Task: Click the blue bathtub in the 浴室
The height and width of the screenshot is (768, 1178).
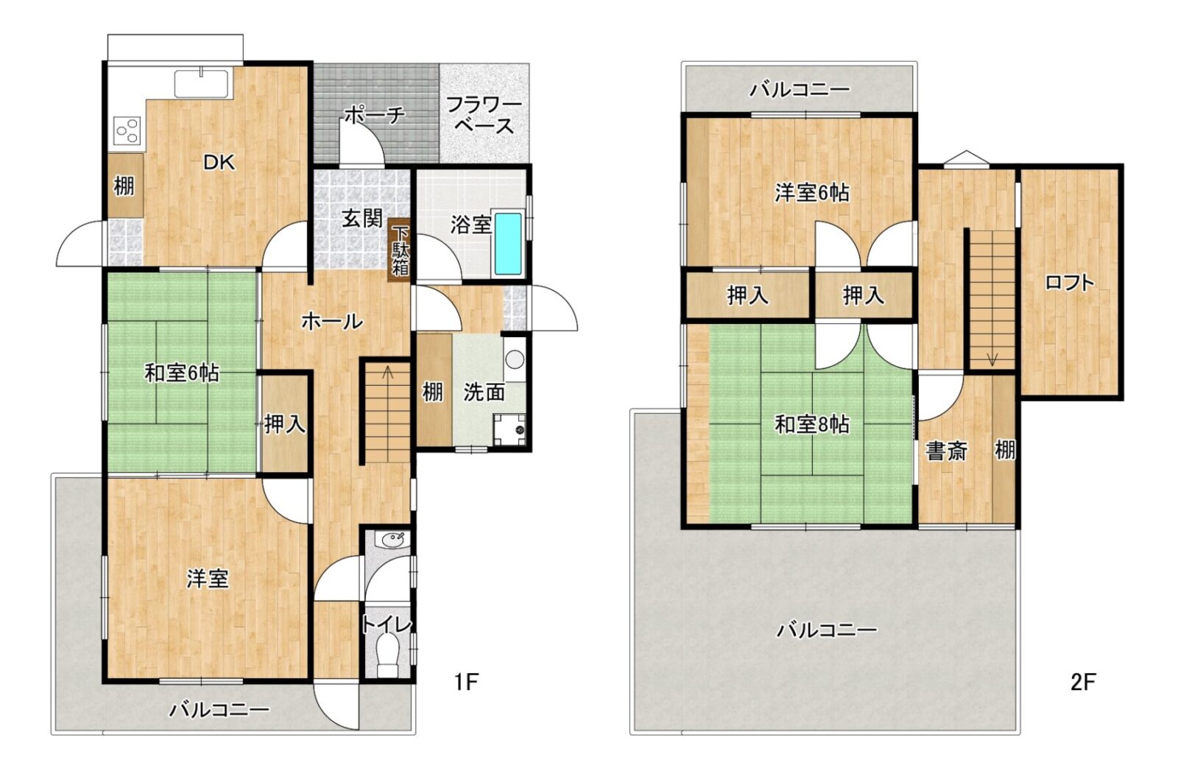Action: click(509, 244)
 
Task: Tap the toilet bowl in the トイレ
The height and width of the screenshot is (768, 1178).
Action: click(388, 655)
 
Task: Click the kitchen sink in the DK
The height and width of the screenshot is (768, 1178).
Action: click(202, 83)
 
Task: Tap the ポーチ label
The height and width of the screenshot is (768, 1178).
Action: click(375, 115)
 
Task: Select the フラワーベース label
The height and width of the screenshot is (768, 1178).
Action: click(484, 116)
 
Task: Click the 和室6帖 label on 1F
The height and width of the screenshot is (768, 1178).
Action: click(182, 373)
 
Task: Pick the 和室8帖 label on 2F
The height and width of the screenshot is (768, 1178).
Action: click(812, 425)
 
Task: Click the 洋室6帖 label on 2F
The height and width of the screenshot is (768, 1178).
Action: click(812, 193)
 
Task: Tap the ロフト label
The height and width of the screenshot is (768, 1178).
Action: click(1069, 283)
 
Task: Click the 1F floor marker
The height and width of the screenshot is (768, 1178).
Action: click(466, 683)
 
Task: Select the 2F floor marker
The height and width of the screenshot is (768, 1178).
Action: click(1083, 683)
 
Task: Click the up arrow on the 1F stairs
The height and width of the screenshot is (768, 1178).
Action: click(388, 373)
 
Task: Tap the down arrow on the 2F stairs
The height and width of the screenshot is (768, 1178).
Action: click(992, 360)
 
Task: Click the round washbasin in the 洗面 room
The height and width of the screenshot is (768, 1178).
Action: click(515, 360)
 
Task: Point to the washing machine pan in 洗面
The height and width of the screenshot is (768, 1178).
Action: click(509, 430)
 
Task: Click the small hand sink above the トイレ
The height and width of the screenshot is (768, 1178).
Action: click(391, 540)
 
